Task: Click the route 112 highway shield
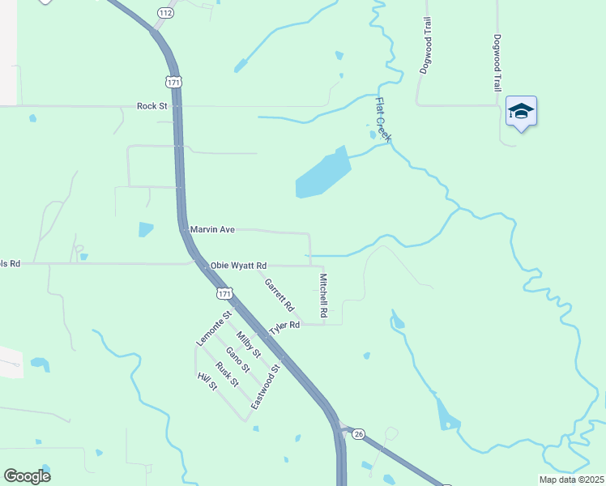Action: [165, 13]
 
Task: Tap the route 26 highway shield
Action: [358, 434]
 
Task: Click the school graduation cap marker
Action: [521, 112]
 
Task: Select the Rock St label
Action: [151, 106]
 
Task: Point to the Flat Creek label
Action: [382, 120]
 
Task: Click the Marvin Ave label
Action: [212, 230]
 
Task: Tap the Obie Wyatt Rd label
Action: [238, 266]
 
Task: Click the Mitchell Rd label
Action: [322, 294]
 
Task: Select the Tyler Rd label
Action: [284, 326]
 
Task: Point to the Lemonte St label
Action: [214, 329]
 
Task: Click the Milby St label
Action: [248, 344]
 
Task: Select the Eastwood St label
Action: [265, 386]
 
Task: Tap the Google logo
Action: [27, 476]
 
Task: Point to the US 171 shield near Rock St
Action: [173, 82]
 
